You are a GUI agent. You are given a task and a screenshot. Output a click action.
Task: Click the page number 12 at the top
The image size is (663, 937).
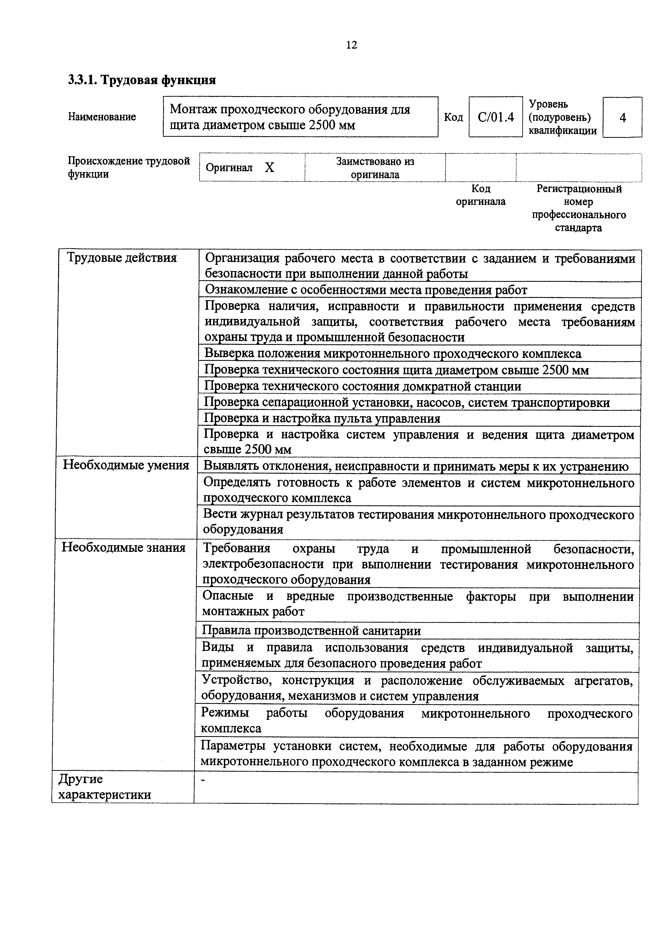351,45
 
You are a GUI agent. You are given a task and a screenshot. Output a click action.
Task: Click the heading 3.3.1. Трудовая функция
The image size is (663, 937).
142,80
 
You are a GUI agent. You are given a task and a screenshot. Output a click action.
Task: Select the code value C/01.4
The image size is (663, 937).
496,118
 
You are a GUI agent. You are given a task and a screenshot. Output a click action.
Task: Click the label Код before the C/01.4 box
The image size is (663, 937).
453,118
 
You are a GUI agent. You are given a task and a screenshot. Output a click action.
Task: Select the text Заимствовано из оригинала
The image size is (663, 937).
375,168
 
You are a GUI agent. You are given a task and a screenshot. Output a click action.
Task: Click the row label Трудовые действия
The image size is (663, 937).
122,258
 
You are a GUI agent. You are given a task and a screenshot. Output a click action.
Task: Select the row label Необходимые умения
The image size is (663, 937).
126,465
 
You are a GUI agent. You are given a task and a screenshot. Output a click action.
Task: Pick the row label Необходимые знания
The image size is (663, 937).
123,547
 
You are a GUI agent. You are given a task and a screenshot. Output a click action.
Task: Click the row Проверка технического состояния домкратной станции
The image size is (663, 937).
362,386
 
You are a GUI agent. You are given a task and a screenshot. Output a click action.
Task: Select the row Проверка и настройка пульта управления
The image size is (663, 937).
322,418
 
